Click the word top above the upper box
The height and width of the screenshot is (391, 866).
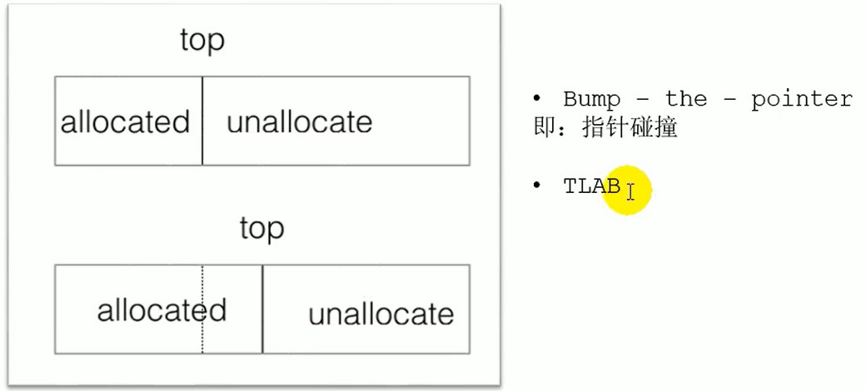click(202, 41)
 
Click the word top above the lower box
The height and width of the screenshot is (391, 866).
click(261, 228)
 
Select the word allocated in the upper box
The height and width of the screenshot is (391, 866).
click(126, 121)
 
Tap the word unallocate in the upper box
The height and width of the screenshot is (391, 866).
click(299, 122)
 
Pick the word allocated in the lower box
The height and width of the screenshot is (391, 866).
click(162, 310)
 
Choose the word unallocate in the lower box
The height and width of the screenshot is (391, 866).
click(381, 314)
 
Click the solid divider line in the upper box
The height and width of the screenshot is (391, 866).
click(202, 121)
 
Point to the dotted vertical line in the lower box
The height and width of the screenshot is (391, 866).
click(202, 309)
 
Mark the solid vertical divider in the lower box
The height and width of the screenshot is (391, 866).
click(262, 309)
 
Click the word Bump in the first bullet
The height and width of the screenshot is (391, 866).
click(592, 100)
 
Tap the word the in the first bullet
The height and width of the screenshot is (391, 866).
click(686, 99)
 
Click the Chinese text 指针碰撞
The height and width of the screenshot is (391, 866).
click(630, 128)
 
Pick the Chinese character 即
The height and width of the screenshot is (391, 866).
click(544, 128)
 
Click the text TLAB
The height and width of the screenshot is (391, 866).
click(592, 186)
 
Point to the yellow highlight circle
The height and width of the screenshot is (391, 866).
click(627, 191)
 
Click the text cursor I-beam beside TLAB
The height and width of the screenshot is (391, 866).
click(630, 192)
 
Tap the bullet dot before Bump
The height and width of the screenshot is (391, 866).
click(536, 98)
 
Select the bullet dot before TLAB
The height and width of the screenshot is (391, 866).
click(536, 186)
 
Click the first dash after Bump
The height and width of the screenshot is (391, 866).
click(644, 101)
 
